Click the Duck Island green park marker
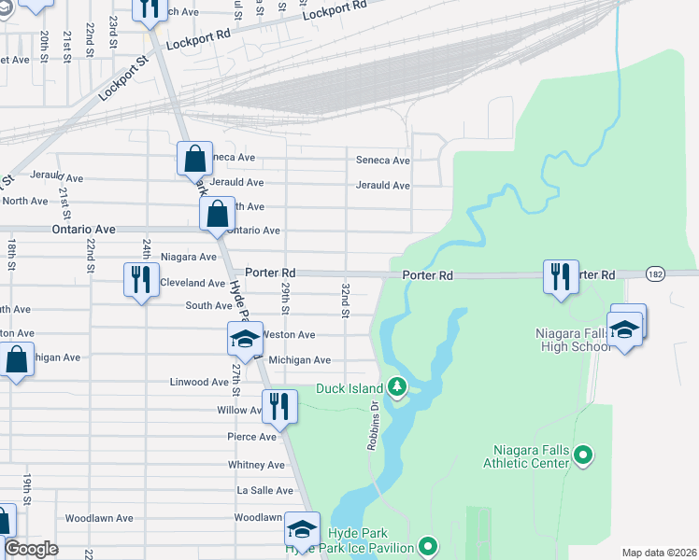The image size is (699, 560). (397, 385)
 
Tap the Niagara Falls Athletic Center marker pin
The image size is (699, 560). (584, 455)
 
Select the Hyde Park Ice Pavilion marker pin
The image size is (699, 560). (429, 545)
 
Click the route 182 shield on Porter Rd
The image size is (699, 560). (655, 275)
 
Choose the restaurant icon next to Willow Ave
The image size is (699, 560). (279, 406)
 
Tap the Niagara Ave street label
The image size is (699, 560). (189, 257)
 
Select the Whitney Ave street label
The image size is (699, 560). (256, 465)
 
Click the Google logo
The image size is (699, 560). (31, 548)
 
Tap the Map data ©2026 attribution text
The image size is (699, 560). (659, 553)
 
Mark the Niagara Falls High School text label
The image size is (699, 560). (572, 340)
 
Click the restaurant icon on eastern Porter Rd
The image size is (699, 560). (561, 276)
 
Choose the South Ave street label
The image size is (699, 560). (208, 306)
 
